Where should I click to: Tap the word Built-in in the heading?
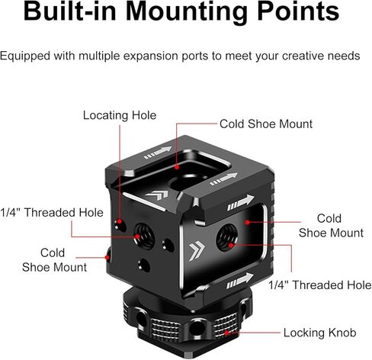[69, 11]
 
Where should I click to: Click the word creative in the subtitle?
[303, 56]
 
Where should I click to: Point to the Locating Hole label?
[120, 115]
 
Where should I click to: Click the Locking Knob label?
[319, 333]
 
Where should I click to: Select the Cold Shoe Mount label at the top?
[266, 124]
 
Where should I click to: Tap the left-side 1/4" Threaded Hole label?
[52, 212]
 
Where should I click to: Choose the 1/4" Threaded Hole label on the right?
[320, 284]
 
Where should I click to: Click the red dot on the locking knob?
[226, 333]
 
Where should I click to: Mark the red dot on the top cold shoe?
[177, 167]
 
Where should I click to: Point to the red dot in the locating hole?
[120, 221]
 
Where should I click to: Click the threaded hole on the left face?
[144, 236]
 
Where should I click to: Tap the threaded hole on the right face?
[227, 237]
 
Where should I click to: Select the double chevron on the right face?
[197, 250]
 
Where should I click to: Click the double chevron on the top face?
[157, 195]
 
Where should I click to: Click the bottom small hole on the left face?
[144, 265]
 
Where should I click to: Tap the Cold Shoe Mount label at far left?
[54, 260]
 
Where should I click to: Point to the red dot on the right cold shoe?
[247, 222]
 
